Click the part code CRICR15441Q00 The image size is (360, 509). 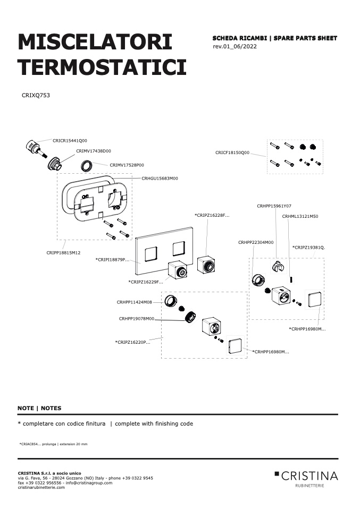point(70,141)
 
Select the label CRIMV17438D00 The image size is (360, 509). point(94,151)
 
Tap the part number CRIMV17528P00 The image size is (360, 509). point(127,165)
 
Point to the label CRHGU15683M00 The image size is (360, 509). point(160,178)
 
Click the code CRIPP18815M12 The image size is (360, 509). point(63,252)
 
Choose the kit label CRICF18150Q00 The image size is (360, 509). point(232,152)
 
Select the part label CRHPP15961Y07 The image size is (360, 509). point(274,206)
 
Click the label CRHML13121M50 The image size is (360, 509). point(300,216)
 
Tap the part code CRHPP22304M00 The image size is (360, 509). point(256,242)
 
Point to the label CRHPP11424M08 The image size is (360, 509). point(134,302)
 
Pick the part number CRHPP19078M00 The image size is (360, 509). point(137,319)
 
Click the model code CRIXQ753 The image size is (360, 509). point(36,95)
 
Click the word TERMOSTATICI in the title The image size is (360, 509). point(102,67)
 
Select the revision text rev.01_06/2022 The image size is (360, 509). point(235,46)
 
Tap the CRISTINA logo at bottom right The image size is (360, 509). point(306,479)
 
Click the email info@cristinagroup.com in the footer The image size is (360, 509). point(89,483)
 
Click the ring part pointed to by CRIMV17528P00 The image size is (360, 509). point(87,166)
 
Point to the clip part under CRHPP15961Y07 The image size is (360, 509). point(278,267)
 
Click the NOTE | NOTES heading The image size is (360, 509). point(39,408)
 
